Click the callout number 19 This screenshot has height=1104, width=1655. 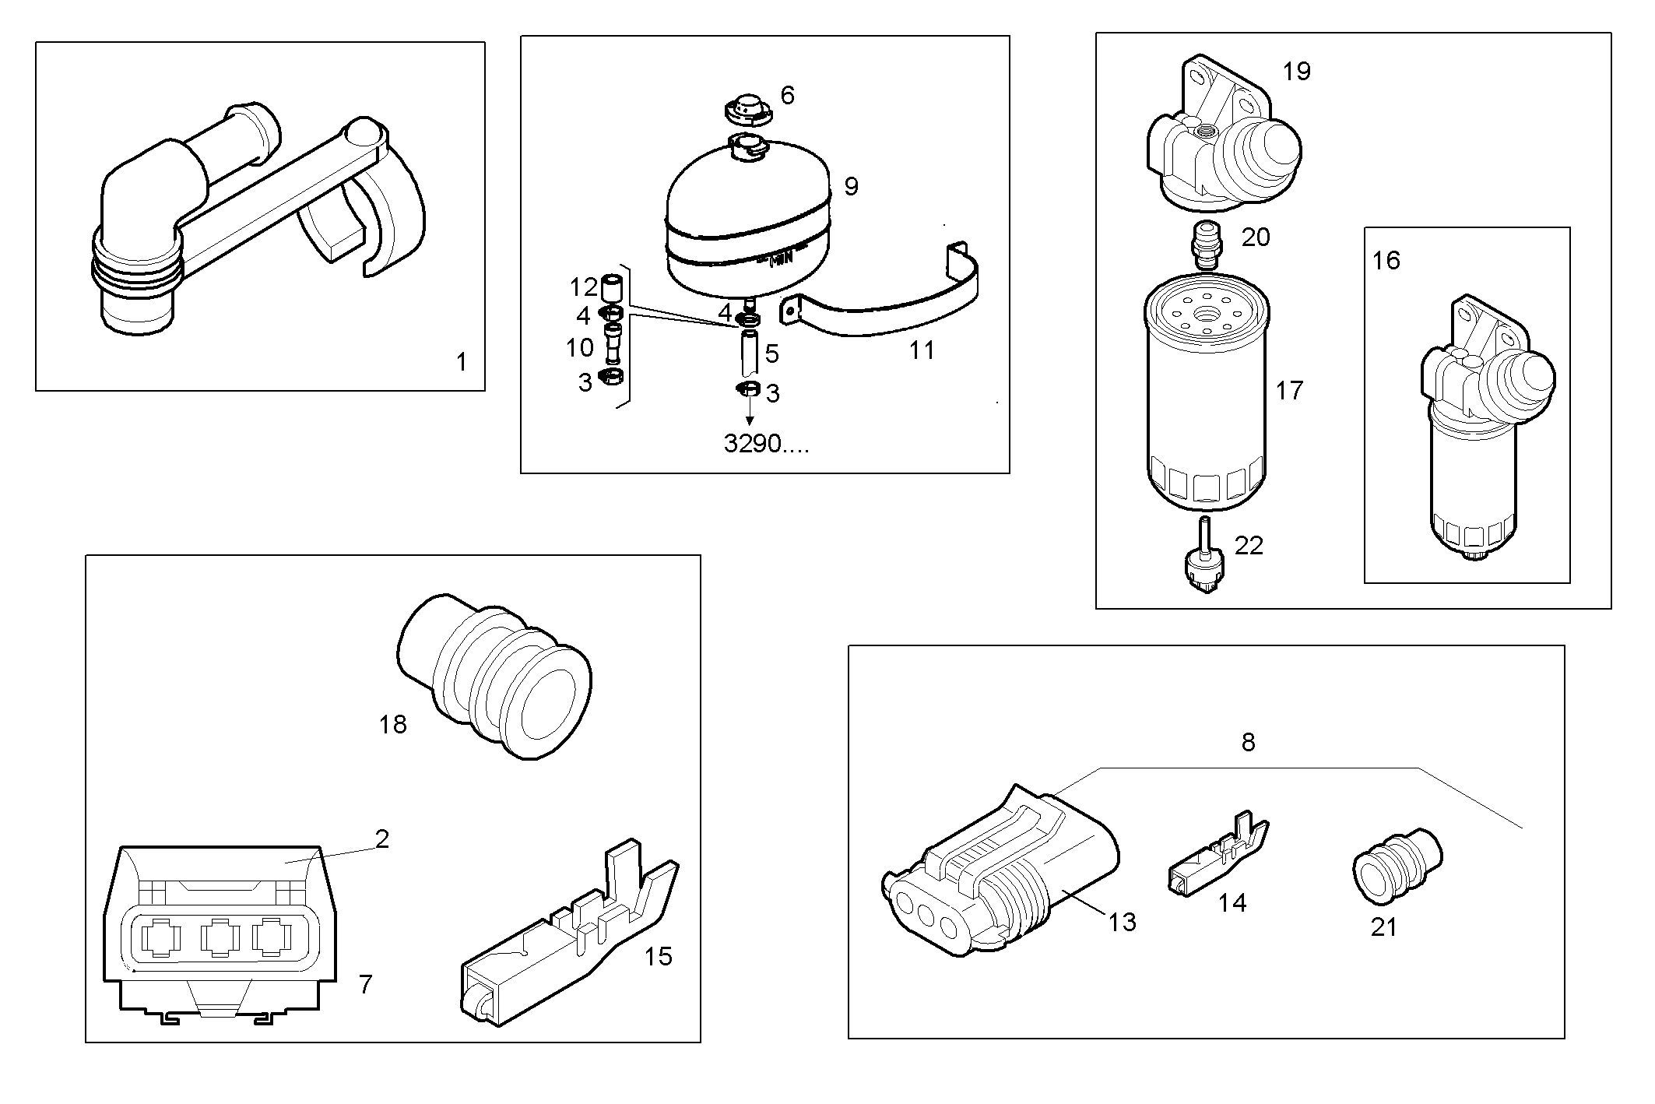(1296, 72)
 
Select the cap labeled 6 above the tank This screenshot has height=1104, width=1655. (748, 108)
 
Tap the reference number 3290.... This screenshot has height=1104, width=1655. (766, 444)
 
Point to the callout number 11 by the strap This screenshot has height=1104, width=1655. (922, 350)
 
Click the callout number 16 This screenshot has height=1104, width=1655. (1386, 260)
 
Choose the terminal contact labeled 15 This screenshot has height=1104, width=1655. (568, 942)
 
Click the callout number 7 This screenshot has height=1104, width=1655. (365, 984)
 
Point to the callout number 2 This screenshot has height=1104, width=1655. (381, 839)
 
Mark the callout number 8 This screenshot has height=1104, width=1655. (1248, 743)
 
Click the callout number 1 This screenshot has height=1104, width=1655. (461, 362)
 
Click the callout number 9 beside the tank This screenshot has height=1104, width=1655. (851, 187)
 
